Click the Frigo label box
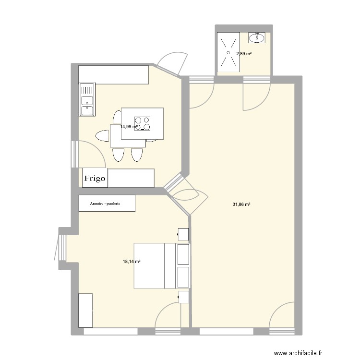click(95, 178)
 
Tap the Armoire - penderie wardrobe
click(107, 203)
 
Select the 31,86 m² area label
click(242, 204)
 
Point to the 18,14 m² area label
click(132, 262)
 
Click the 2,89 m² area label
click(243, 54)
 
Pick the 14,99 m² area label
click(129, 127)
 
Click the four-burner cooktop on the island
click(142, 123)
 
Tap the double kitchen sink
click(87, 100)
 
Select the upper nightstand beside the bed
click(183, 234)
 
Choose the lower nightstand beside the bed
click(183, 297)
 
